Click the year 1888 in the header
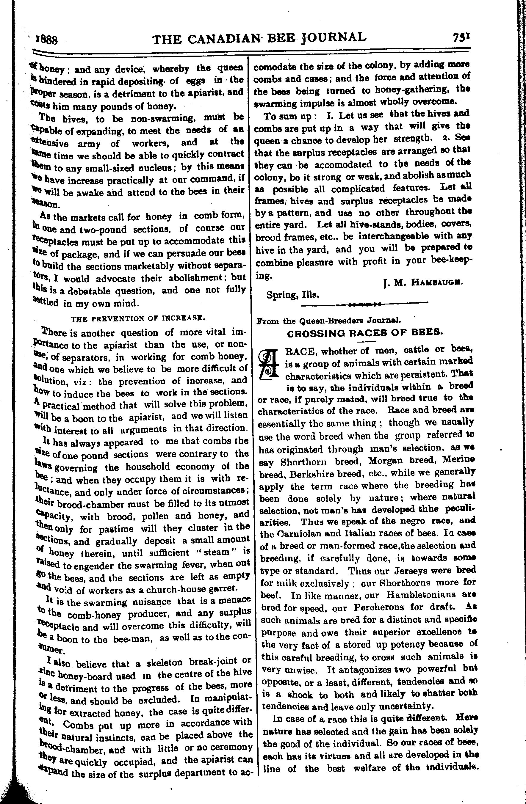[47, 40]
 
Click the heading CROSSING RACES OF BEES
[364, 333]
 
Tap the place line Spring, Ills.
[293, 295]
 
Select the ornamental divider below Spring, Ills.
[364, 305]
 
